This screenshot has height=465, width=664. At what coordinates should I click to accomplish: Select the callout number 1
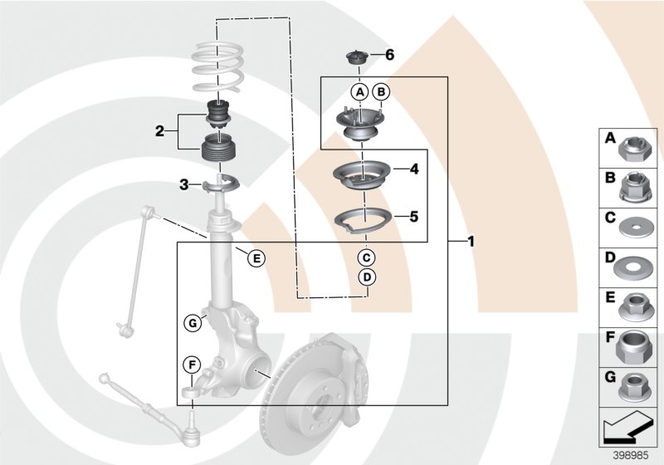(x=471, y=242)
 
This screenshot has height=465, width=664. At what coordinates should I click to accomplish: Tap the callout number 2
(x=159, y=130)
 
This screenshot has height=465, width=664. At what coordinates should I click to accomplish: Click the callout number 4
(x=413, y=169)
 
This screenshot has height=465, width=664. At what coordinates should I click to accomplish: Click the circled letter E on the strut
(x=256, y=259)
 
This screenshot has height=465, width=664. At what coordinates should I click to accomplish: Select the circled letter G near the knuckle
(x=192, y=323)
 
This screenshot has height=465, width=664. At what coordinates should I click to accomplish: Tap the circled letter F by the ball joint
(x=191, y=364)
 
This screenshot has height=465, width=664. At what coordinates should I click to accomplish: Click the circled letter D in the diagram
(x=367, y=277)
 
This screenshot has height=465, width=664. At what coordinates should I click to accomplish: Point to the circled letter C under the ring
(x=367, y=257)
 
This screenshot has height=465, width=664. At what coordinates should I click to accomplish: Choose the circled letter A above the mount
(x=359, y=92)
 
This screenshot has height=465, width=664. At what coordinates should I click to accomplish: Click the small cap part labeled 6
(x=356, y=58)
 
